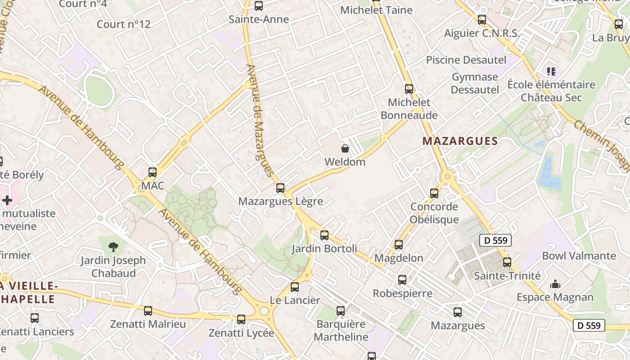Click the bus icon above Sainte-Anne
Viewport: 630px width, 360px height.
(x=258, y=6)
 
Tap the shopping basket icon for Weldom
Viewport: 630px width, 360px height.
(x=345, y=148)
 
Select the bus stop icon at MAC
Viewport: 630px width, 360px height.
(x=153, y=172)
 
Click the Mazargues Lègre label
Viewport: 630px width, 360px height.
(x=280, y=201)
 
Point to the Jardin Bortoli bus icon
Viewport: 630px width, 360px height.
(x=324, y=235)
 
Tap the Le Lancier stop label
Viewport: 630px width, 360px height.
(x=295, y=300)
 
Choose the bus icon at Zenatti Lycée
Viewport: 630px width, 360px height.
(x=241, y=319)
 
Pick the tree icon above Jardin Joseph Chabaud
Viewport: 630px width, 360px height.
(x=113, y=246)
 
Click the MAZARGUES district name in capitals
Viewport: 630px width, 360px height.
(x=460, y=141)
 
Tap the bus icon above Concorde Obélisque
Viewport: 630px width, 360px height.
(x=434, y=193)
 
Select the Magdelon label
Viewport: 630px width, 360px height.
(x=399, y=258)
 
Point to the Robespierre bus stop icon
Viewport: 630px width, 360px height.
(x=402, y=280)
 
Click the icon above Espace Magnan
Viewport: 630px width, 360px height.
(x=555, y=284)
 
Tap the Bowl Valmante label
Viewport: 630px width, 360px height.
(x=579, y=256)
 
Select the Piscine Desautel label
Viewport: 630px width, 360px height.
(x=466, y=60)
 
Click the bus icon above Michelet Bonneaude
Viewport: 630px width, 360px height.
(x=409, y=89)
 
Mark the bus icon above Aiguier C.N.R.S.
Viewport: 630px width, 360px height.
(x=482, y=20)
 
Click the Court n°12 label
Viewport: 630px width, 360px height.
(x=123, y=24)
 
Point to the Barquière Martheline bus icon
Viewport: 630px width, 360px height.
(x=341, y=310)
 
